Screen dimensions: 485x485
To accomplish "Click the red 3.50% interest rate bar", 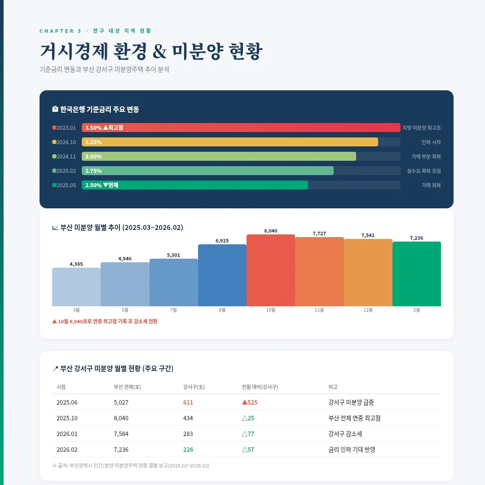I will [241, 128].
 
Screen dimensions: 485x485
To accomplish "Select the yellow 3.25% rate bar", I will [230, 142].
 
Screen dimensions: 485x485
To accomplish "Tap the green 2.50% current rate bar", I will [195, 185].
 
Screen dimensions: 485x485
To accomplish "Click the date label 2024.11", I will [66, 157].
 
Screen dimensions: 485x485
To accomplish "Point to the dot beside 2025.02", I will [54, 171].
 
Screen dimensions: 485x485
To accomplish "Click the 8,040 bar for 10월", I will [271, 270].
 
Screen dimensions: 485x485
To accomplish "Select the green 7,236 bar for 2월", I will [417, 274].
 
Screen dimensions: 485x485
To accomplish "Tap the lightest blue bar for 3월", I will [76, 287].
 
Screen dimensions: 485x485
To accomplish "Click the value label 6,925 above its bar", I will [222, 241].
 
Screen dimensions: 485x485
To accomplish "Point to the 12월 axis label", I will [368, 310].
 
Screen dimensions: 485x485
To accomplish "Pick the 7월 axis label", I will [173, 310].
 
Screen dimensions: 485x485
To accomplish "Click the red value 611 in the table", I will [188, 402].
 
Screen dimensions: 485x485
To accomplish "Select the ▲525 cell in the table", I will [250, 402].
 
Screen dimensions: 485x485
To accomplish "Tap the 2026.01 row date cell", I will [67, 434].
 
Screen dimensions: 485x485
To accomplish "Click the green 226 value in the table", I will [188, 450].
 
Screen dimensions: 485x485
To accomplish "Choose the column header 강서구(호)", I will [194, 387].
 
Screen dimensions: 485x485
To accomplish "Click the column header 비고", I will [333, 387].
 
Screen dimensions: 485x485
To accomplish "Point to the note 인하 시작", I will [431, 142].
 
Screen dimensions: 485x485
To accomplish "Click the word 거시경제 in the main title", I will [74, 52].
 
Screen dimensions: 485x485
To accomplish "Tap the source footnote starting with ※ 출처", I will [131, 466].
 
